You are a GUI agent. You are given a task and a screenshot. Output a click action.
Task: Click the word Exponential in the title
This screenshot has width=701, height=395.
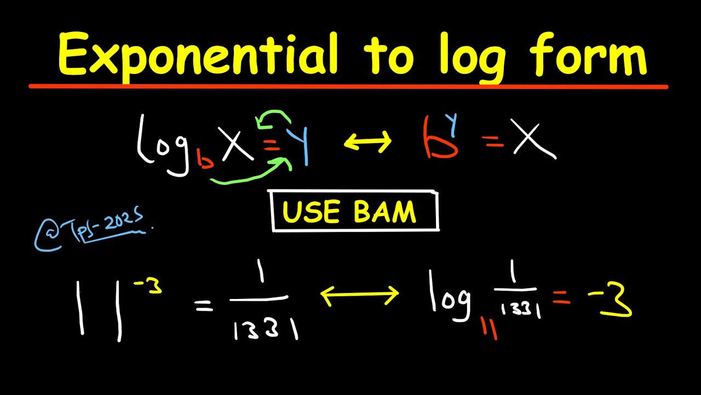(x=197, y=55)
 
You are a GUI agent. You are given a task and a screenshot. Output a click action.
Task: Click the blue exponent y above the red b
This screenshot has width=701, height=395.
(x=451, y=119)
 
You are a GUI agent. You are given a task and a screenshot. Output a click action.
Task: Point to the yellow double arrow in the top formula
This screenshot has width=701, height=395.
(x=367, y=142)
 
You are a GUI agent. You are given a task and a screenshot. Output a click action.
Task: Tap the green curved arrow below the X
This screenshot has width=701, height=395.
(x=249, y=173)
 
